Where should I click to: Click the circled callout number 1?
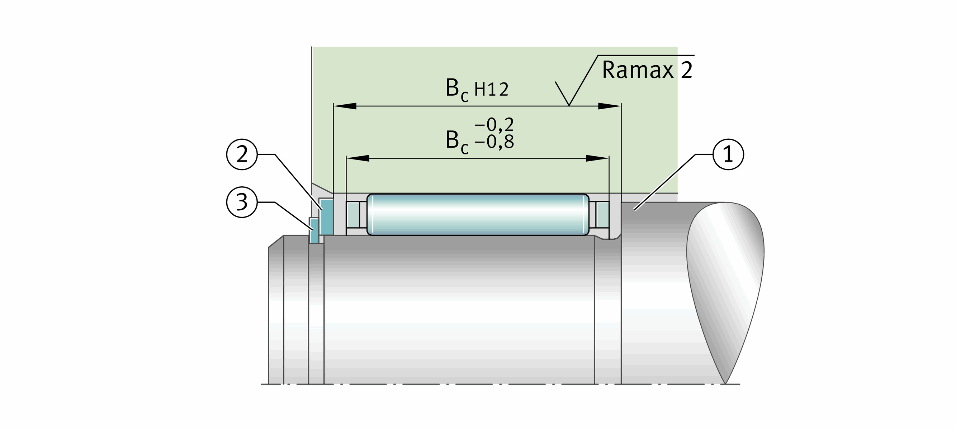(728, 154)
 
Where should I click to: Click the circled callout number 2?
(242, 154)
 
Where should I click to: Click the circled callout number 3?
(242, 202)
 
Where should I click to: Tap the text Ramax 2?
(647, 70)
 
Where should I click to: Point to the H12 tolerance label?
(491, 90)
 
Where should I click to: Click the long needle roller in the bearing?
(478, 214)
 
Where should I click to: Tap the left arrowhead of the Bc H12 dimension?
(345, 106)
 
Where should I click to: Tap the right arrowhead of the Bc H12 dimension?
(609, 106)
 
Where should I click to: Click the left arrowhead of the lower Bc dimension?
(358, 158)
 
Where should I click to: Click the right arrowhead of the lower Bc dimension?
(597, 158)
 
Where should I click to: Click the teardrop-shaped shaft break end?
(725, 282)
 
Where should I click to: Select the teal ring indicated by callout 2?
(326, 217)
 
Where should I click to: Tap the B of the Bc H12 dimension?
(453, 88)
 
